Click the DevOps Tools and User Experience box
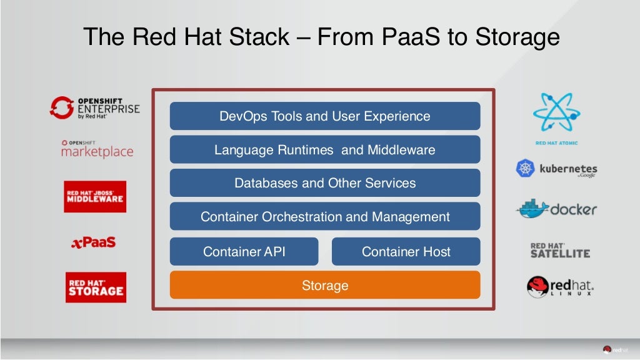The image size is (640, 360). [x=324, y=116]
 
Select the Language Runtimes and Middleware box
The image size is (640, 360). [x=324, y=150]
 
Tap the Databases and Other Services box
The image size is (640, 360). [x=324, y=183]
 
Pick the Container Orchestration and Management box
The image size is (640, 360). [x=324, y=217]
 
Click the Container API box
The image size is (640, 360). [x=244, y=252]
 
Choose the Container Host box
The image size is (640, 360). [x=406, y=252]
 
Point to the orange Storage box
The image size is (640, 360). [x=324, y=286]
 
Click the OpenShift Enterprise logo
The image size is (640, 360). [x=95, y=107]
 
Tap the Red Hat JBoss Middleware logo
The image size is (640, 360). [x=95, y=197]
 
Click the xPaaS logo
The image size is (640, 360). [x=93, y=242]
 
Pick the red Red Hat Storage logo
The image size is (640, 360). [x=96, y=287]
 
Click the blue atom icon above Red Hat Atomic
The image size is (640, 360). [x=556, y=113]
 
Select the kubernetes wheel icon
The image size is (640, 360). [x=525, y=169]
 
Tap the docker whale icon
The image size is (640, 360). [x=532, y=209]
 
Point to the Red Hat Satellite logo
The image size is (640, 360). [x=560, y=250]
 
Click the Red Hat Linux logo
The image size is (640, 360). [x=560, y=287]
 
